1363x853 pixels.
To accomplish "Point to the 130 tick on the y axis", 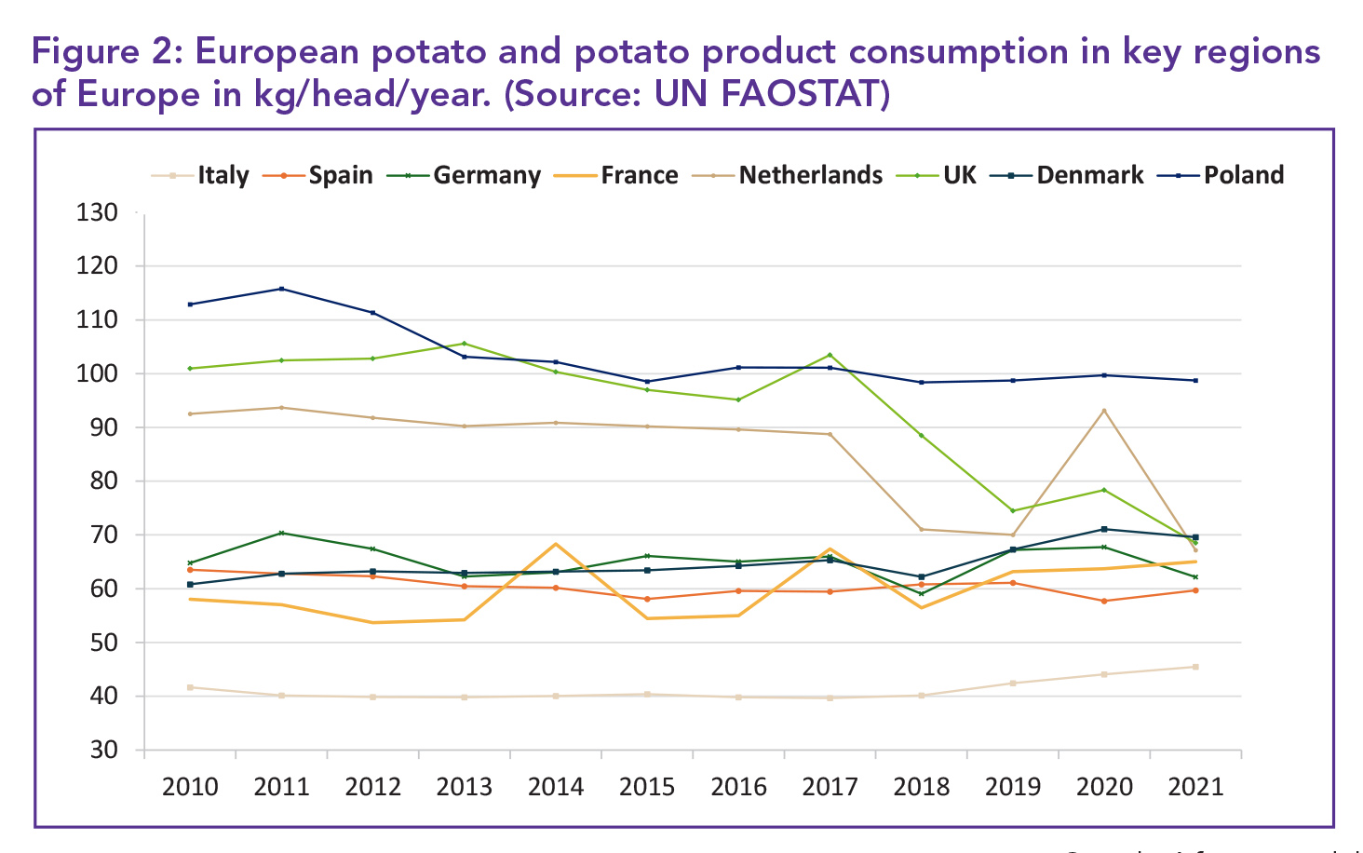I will click(x=97, y=212).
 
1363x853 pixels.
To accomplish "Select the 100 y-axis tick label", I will click(x=97, y=373).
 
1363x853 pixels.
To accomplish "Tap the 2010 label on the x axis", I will click(x=190, y=787).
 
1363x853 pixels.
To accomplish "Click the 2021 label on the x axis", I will click(x=1195, y=787).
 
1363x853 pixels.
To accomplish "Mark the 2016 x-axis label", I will click(x=738, y=787).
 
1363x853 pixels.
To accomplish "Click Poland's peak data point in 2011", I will click(x=281, y=289).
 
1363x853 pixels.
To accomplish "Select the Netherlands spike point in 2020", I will click(x=1104, y=411).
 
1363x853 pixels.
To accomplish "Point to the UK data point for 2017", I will click(x=830, y=355).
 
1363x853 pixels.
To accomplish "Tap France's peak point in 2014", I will click(x=556, y=544).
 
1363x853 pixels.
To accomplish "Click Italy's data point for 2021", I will click(x=1195, y=667).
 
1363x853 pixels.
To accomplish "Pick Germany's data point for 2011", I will click(x=281, y=533).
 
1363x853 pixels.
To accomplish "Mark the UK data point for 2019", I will click(x=1013, y=510).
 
